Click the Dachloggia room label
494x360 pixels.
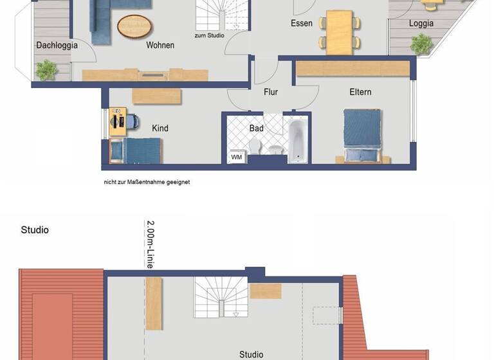pos(57,46)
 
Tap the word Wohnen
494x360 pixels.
pos(160,46)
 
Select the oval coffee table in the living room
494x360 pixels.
pos(135,27)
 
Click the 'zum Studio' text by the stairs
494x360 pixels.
pos(209,35)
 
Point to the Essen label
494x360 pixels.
pos(301,24)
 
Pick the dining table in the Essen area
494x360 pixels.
pos(339,32)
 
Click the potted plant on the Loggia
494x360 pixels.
pos(421,44)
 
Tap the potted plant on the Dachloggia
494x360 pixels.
pos(46,69)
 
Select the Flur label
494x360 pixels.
pos(271,93)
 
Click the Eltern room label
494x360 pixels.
pos(360,93)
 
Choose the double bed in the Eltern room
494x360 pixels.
pos(362,136)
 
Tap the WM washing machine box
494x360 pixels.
pos(236,156)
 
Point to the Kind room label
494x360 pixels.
pos(160,129)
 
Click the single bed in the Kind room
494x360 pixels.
pos(136,151)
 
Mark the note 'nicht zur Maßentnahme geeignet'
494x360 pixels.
pos(147,182)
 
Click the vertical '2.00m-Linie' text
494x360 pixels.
pos(150,244)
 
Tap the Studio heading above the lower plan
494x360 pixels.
pos(35,230)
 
